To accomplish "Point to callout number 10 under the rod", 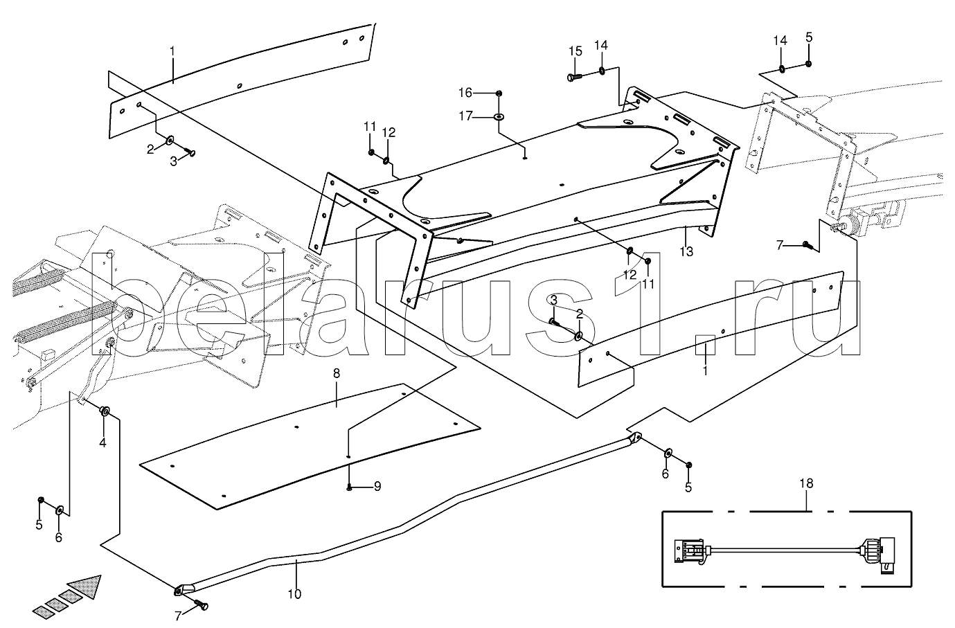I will (295, 593).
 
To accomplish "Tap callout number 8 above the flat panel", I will (337, 374).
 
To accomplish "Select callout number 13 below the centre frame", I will (686, 251).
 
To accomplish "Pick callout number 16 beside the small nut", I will (465, 92).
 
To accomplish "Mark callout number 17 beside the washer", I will (465, 116).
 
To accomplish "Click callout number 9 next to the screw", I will (377, 487).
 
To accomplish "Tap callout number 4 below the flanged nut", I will (102, 442).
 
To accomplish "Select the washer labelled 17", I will (499, 117).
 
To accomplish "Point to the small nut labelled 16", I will (499, 93).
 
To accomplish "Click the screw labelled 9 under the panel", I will (351, 487).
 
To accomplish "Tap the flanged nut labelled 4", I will (105, 411).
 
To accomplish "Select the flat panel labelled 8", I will (312, 443).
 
